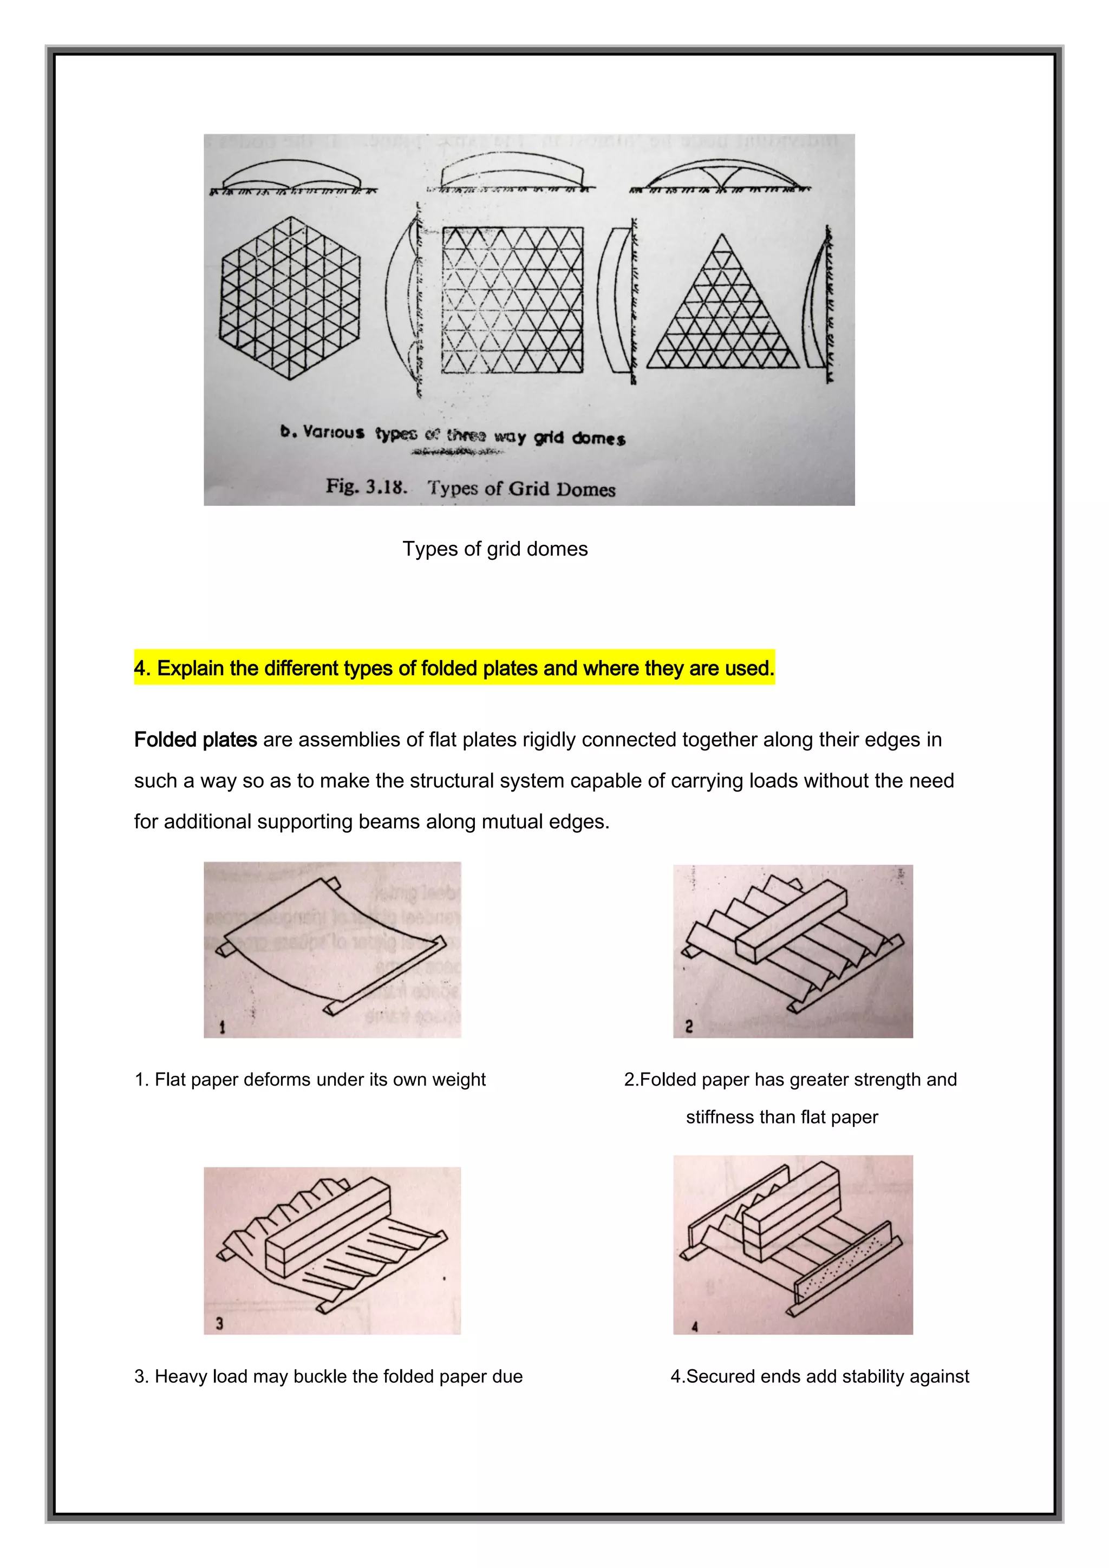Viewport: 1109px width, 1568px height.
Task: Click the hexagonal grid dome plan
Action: (x=290, y=298)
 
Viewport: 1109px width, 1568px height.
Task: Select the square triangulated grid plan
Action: (x=513, y=300)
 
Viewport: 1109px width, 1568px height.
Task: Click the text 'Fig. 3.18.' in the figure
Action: (x=367, y=486)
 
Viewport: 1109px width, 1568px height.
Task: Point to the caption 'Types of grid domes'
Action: (x=494, y=549)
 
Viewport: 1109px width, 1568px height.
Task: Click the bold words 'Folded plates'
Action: (x=195, y=740)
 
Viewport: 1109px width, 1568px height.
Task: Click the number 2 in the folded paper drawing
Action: (x=689, y=1026)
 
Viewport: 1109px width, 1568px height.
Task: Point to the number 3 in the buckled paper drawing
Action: (x=219, y=1323)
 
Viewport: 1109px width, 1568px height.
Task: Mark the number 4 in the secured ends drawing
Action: (x=695, y=1327)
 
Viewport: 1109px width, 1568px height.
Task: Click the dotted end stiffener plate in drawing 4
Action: (x=847, y=1267)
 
